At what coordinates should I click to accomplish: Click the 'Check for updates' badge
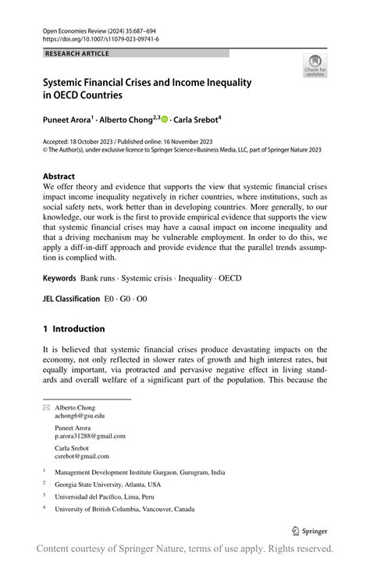(315, 66)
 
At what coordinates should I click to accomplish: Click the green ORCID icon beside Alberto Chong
(165, 119)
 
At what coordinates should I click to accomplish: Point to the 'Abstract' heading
(59, 177)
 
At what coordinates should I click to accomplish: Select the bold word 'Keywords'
(59, 277)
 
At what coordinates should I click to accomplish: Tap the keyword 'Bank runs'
(101, 277)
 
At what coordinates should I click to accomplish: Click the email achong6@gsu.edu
(79, 416)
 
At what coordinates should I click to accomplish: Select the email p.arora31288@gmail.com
(89, 436)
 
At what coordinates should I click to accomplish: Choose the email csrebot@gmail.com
(82, 456)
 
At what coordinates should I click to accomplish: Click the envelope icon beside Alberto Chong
(45, 407)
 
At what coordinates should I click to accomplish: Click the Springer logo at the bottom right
(315, 530)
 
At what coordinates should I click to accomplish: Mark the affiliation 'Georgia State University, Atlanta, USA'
(116, 484)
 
